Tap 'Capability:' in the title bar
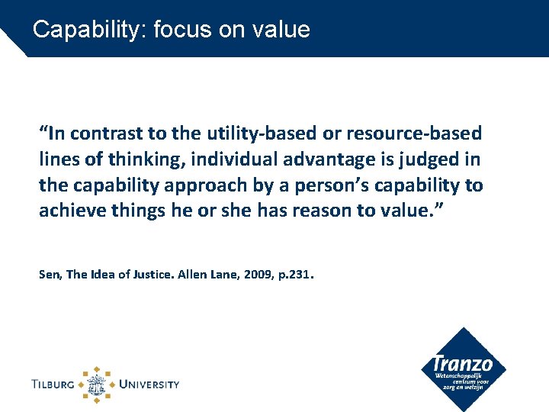90,30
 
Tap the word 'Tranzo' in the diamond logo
462,365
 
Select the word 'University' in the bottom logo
148,384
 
